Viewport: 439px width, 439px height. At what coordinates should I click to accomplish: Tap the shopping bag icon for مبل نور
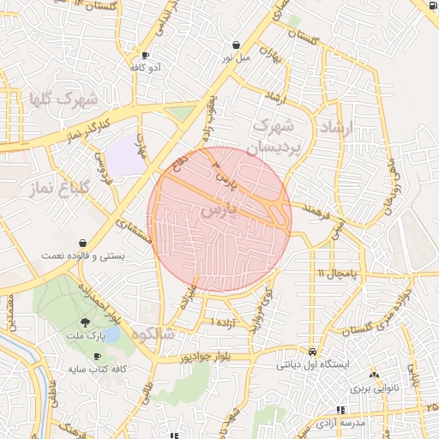click(x=236, y=45)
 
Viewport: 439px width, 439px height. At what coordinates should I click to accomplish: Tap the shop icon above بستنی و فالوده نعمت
click(x=81, y=243)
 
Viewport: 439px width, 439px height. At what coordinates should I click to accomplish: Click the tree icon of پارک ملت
click(x=83, y=322)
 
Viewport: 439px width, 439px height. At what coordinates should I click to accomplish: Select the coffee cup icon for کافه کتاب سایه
click(x=97, y=356)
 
